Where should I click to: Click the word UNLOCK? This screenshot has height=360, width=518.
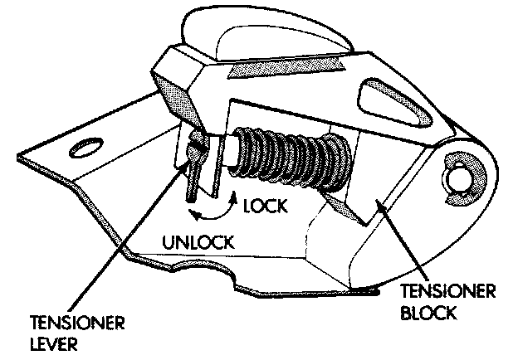pyautogui.click(x=198, y=244)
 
